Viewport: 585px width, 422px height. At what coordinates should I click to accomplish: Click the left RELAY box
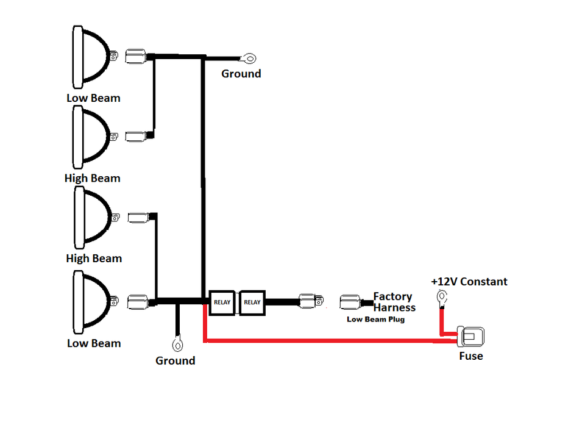(222, 302)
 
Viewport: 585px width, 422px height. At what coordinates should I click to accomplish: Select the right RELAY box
(252, 302)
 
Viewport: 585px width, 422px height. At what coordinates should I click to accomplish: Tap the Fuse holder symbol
(471, 336)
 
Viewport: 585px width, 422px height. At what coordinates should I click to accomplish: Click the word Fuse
(471, 356)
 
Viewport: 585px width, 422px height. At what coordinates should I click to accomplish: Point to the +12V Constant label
(469, 282)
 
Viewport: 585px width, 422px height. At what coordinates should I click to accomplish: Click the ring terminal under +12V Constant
(442, 298)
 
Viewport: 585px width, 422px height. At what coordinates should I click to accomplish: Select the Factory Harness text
(394, 302)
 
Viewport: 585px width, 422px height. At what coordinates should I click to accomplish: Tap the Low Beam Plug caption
(376, 320)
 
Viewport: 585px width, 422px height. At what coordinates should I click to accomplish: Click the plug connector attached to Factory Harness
(351, 302)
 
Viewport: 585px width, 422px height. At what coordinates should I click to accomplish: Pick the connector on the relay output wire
(311, 301)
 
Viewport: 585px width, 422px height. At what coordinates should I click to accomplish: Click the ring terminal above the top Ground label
(249, 59)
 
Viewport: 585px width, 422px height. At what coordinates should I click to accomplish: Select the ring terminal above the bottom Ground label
(177, 344)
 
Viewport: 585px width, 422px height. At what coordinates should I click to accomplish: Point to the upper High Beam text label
(93, 178)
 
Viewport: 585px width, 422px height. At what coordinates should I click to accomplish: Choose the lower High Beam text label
(94, 259)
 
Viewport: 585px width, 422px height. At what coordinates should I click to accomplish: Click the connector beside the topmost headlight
(135, 57)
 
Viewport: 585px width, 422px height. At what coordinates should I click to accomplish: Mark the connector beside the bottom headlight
(138, 302)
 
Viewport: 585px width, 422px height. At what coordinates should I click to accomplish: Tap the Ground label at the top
(241, 74)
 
